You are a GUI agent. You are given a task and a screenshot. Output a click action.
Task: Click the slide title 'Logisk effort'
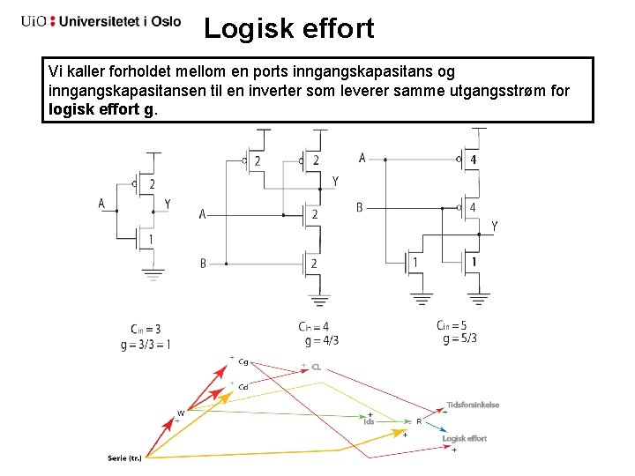click(288, 28)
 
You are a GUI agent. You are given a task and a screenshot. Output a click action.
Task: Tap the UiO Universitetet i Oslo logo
click(101, 21)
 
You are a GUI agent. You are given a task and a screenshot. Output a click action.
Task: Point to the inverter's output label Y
click(168, 205)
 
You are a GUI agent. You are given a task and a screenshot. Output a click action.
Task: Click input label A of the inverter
click(101, 205)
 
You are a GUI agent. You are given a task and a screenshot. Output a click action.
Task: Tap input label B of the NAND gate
click(204, 263)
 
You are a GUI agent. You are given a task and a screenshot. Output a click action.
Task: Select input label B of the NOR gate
click(360, 207)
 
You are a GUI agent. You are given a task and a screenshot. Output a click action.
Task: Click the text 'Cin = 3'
click(145, 330)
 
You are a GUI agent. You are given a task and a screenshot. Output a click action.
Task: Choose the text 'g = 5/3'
click(457, 338)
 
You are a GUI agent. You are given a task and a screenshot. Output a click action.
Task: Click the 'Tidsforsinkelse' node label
click(473, 405)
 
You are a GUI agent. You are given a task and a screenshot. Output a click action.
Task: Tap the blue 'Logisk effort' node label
click(464, 438)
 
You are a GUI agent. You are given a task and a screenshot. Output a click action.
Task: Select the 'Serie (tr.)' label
click(124, 457)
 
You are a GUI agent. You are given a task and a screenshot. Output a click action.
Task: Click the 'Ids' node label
click(370, 421)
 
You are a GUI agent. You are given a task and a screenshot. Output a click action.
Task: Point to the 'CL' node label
click(316, 367)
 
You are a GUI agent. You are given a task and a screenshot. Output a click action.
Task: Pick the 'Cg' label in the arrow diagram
click(243, 361)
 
